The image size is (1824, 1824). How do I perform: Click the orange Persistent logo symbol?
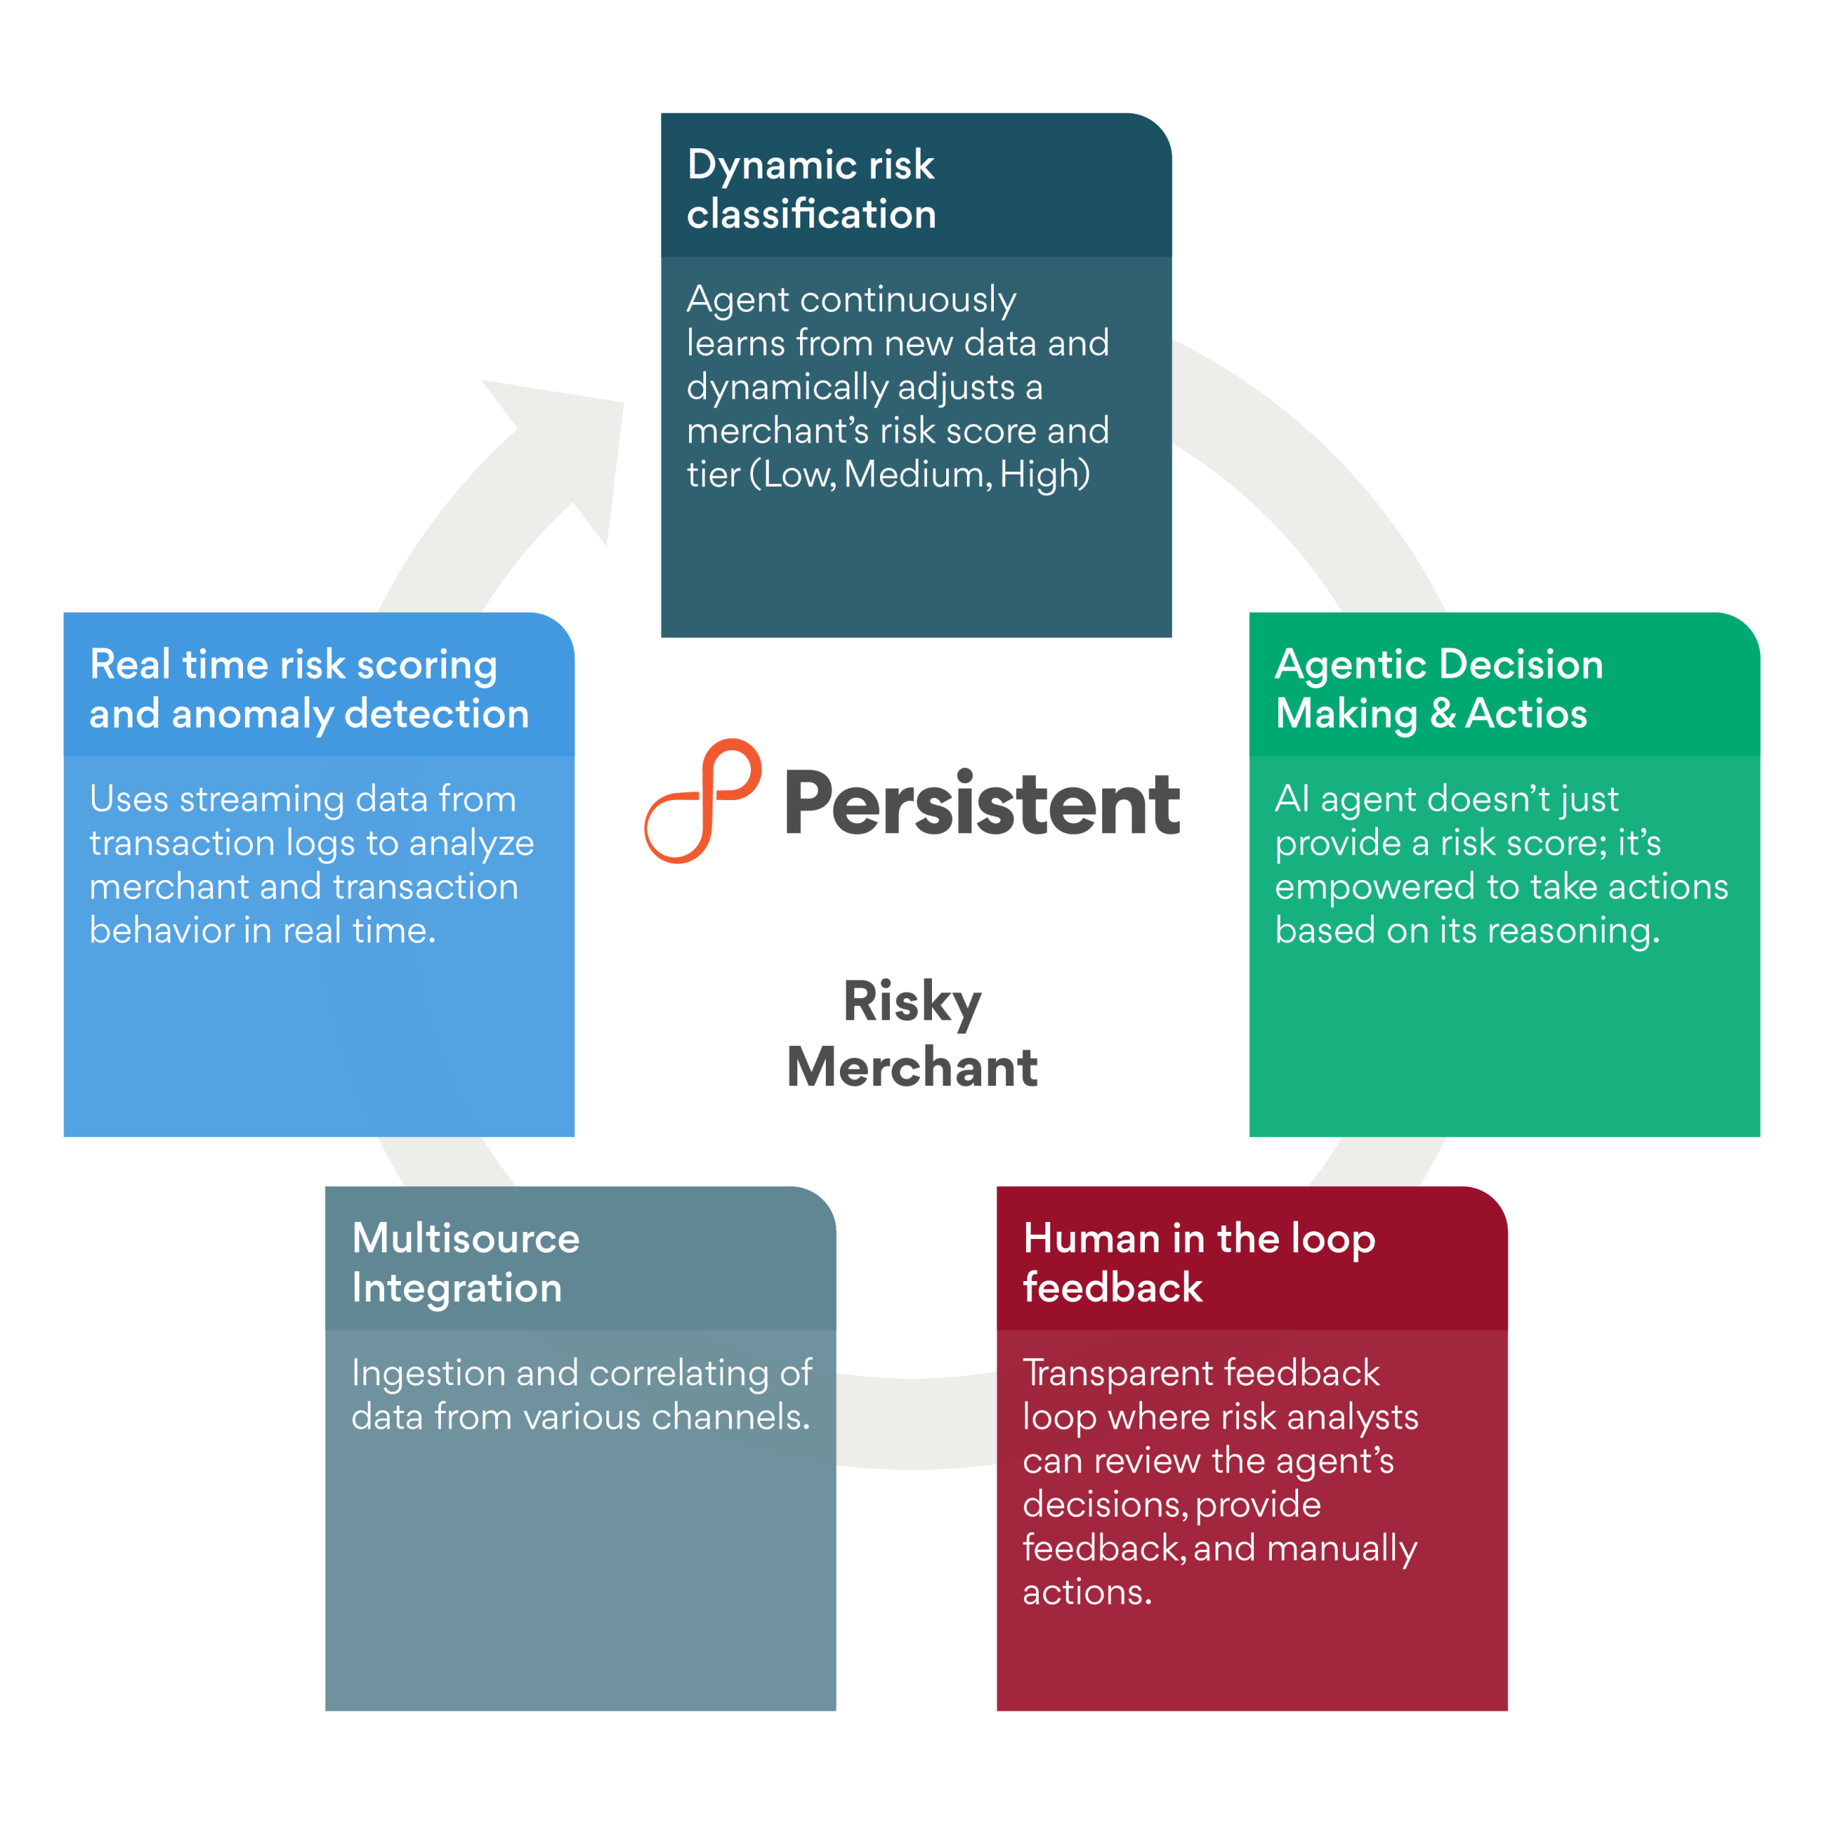click(x=703, y=801)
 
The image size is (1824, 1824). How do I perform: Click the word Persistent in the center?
click(x=982, y=804)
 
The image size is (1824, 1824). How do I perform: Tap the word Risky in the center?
click(x=912, y=1002)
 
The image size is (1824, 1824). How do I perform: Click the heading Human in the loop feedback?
click(x=1199, y=1263)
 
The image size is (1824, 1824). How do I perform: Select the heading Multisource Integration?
click(x=465, y=1263)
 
